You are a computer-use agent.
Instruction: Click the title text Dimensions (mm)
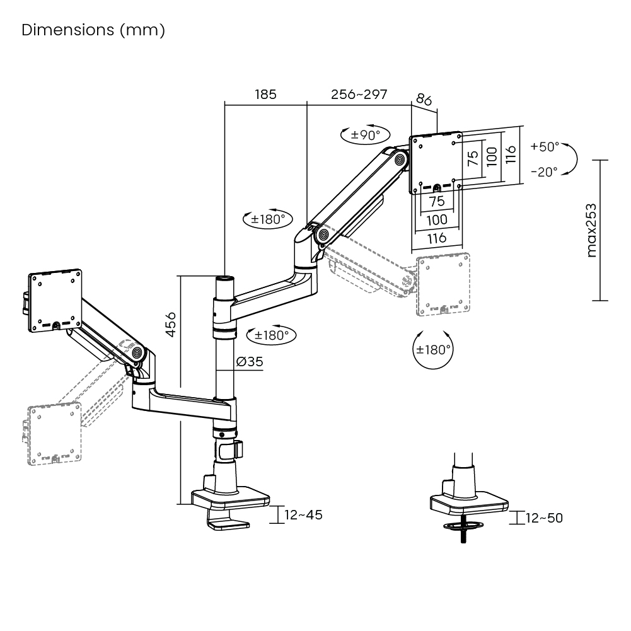[93, 30]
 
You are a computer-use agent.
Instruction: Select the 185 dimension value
[265, 95]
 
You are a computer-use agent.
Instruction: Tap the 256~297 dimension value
[359, 95]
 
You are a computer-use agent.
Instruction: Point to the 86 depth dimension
[424, 100]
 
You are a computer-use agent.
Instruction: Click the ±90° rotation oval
[366, 135]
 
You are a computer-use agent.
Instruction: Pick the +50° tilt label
[545, 146]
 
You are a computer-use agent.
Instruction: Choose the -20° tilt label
[545, 171]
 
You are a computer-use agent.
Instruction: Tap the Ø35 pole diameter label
[250, 361]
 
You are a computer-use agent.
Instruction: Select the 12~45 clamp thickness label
[303, 515]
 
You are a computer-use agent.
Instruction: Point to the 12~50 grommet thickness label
[544, 518]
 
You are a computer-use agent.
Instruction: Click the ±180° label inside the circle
[433, 349]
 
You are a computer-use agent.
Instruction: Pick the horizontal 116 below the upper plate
[437, 238]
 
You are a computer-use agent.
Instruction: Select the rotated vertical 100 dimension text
[492, 156]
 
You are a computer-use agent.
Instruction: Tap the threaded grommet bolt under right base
[463, 533]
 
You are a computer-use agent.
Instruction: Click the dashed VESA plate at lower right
[444, 284]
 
